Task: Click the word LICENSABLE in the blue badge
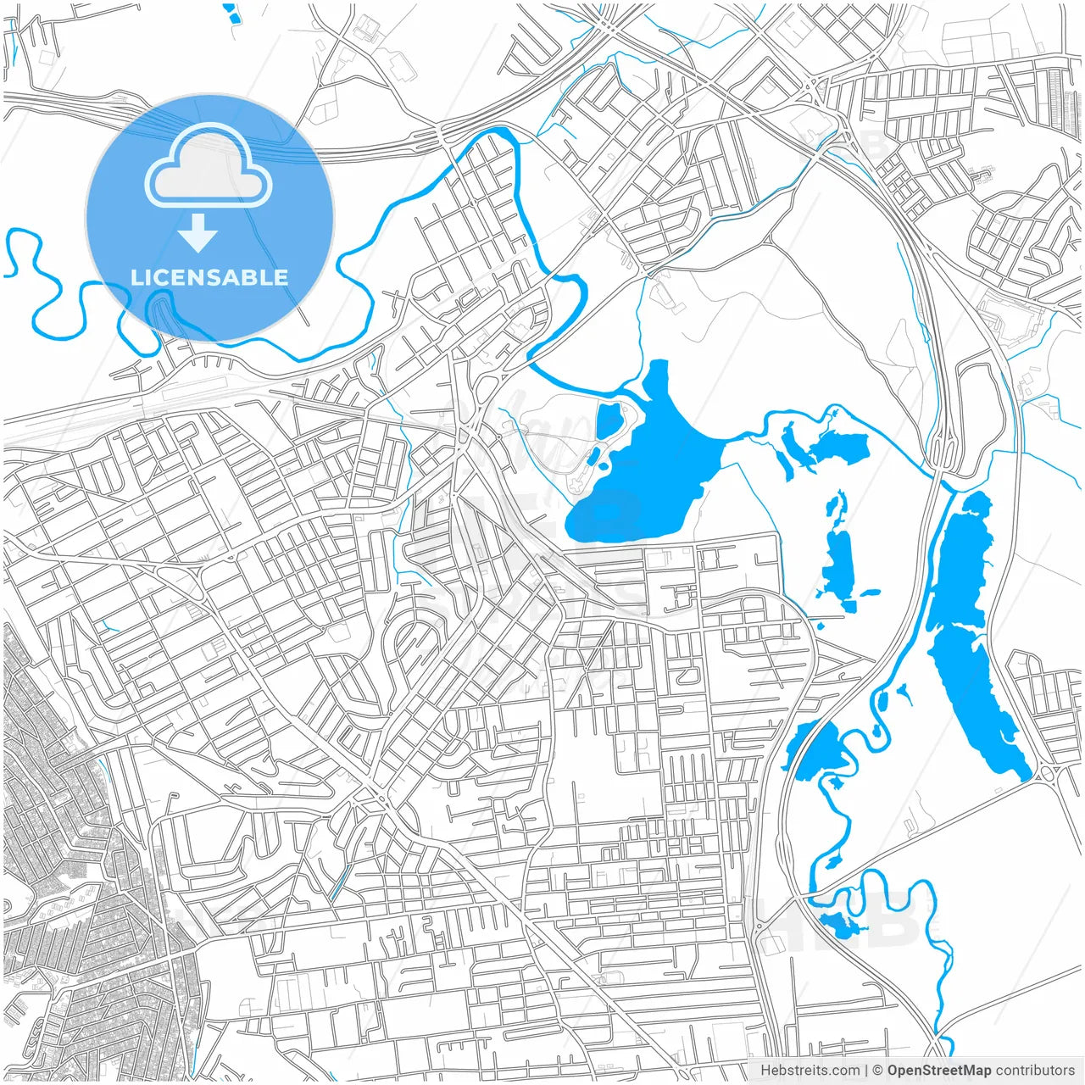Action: [x=209, y=277]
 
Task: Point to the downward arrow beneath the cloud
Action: [x=198, y=232]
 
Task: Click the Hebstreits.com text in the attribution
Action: [x=810, y=1071]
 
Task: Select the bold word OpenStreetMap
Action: [x=938, y=1071]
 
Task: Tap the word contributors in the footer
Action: [x=1034, y=1071]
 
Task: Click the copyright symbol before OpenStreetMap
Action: [x=878, y=1071]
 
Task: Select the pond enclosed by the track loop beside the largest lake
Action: [x=609, y=420]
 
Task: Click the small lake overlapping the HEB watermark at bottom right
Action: [x=839, y=926]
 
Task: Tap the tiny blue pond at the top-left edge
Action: [x=230, y=11]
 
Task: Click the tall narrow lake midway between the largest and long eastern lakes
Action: [x=839, y=564]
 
